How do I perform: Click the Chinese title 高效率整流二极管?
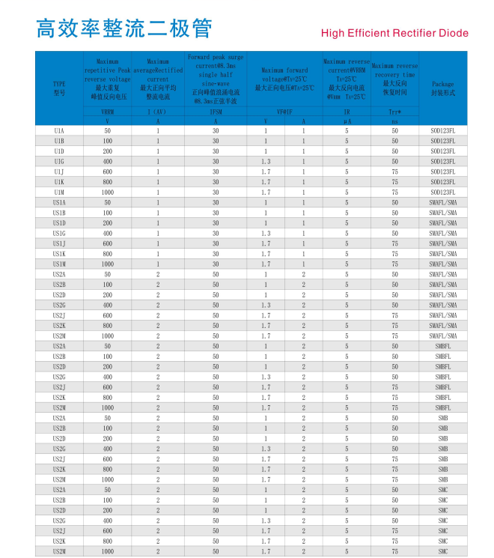click(x=124, y=28)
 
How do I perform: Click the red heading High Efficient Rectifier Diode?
click(x=394, y=33)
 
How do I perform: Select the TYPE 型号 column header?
click(x=59, y=88)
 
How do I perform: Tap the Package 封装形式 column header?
click(x=443, y=88)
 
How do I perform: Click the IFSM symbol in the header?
click(x=216, y=112)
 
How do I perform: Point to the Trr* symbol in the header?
click(x=394, y=112)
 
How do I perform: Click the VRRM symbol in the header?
click(x=107, y=112)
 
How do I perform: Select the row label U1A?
click(x=59, y=130)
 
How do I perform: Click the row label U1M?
click(x=59, y=192)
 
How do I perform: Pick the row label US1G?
click(x=59, y=233)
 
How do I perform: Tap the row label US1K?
click(x=59, y=254)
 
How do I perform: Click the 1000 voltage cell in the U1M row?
click(x=107, y=192)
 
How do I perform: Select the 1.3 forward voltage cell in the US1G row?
click(x=266, y=233)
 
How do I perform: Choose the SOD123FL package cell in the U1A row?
click(x=443, y=130)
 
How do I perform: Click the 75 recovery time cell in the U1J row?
click(x=394, y=172)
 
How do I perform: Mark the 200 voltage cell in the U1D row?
click(x=107, y=151)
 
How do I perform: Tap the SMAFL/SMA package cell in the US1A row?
click(x=443, y=202)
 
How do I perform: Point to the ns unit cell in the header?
click(x=394, y=121)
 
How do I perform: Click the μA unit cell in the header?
click(x=347, y=121)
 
